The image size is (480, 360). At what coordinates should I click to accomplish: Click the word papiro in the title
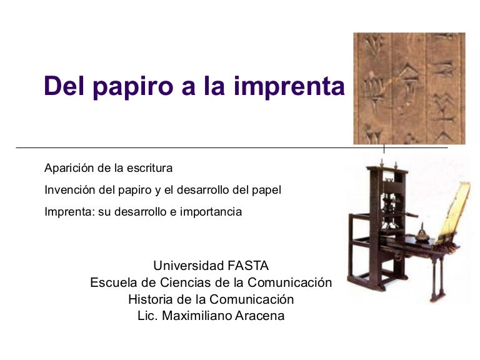[133, 87]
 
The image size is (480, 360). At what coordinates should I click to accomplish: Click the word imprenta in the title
[289, 87]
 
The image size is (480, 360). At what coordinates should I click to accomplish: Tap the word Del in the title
[64, 86]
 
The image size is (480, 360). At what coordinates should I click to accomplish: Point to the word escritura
[150, 168]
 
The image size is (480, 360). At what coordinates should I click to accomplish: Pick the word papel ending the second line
[266, 191]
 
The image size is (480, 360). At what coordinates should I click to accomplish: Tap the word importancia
[211, 212]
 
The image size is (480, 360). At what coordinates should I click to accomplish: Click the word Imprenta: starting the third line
[70, 212]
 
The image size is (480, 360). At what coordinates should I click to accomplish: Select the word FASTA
[248, 266]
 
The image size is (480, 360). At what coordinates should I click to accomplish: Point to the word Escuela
[114, 282]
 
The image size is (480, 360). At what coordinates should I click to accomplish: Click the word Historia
[151, 299]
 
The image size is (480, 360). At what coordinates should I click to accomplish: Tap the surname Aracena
[259, 316]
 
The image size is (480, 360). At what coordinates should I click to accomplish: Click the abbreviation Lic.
[147, 316]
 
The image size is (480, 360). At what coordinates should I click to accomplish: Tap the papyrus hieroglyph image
[409, 89]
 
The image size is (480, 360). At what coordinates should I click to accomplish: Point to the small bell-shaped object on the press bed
[422, 234]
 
